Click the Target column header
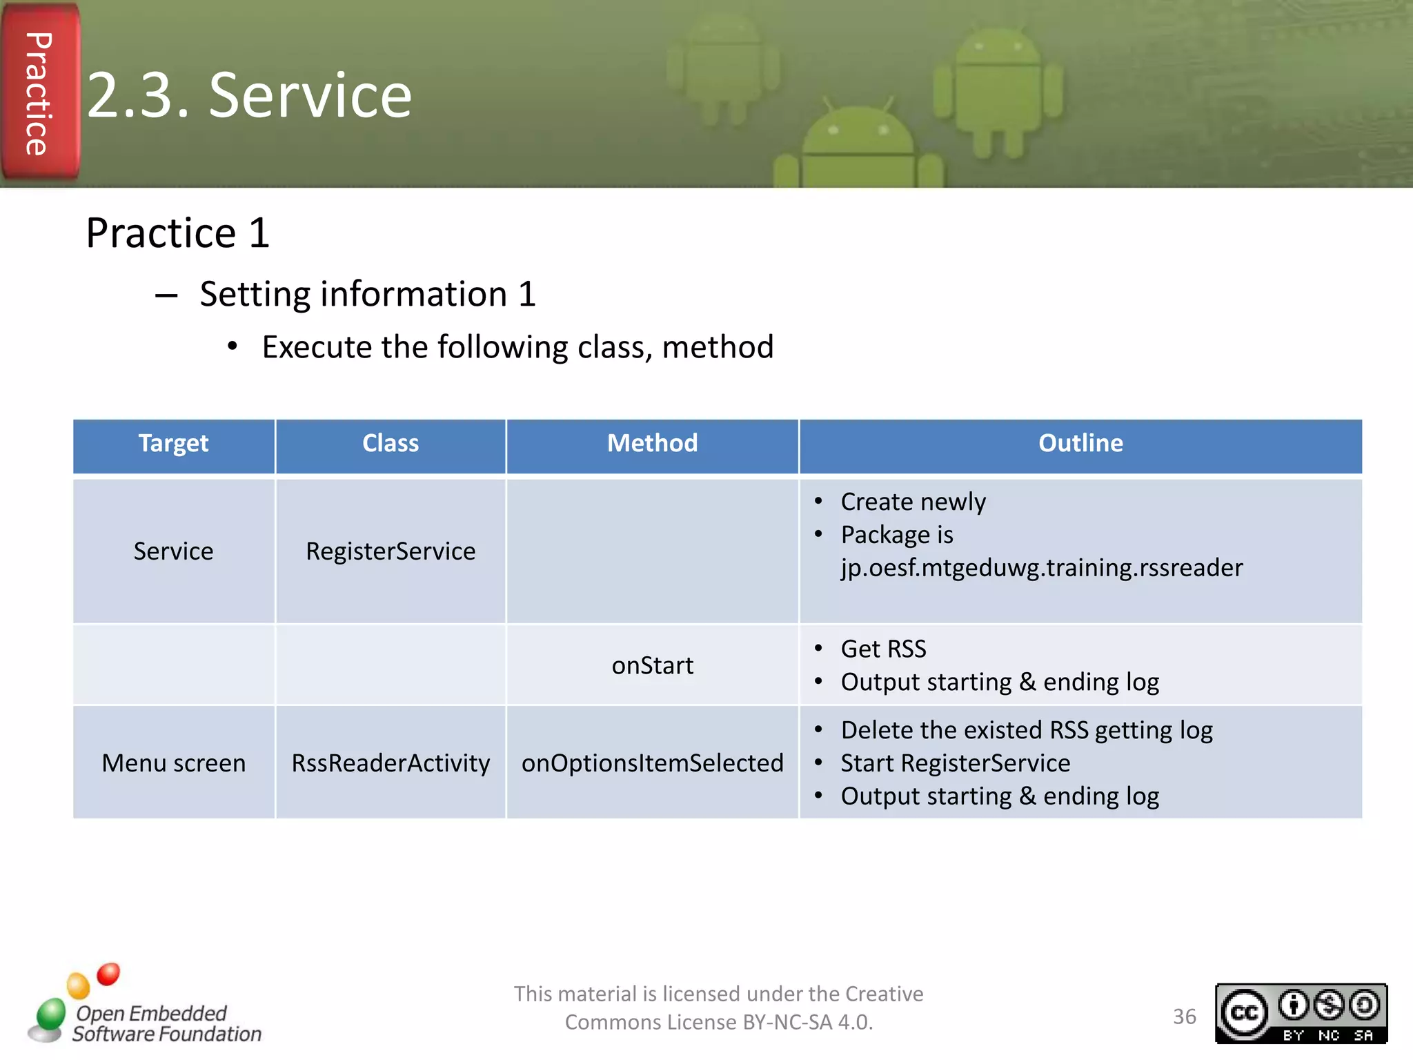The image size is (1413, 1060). (173, 443)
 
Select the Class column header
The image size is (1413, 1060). (391, 443)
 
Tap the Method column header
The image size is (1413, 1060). (652, 443)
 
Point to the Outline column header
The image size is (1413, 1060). (1080, 443)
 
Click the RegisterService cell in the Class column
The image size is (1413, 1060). (391, 551)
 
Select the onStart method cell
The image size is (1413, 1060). (652, 665)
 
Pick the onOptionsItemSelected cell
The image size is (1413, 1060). (652, 763)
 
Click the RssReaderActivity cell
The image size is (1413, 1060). (391, 763)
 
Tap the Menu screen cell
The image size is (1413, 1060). (173, 763)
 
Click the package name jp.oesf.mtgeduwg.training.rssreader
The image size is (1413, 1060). (1041, 568)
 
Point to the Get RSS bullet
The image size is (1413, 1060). (883, 649)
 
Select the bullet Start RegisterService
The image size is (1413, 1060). (955, 763)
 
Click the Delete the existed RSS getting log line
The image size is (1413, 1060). (1026, 730)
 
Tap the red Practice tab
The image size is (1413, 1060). (39, 93)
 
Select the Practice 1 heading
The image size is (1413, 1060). (177, 233)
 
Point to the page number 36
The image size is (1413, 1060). (1184, 1017)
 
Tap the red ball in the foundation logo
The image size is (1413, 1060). (108, 974)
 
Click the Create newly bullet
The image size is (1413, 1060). (913, 502)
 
